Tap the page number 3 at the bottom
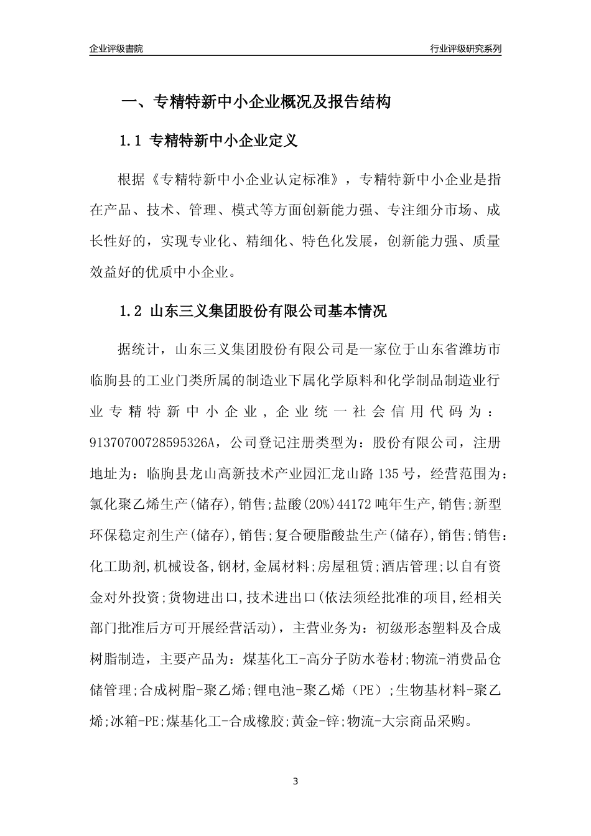295,780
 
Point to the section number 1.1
131,141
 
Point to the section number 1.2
131,311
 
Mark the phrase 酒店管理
411,566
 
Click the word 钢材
233,566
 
